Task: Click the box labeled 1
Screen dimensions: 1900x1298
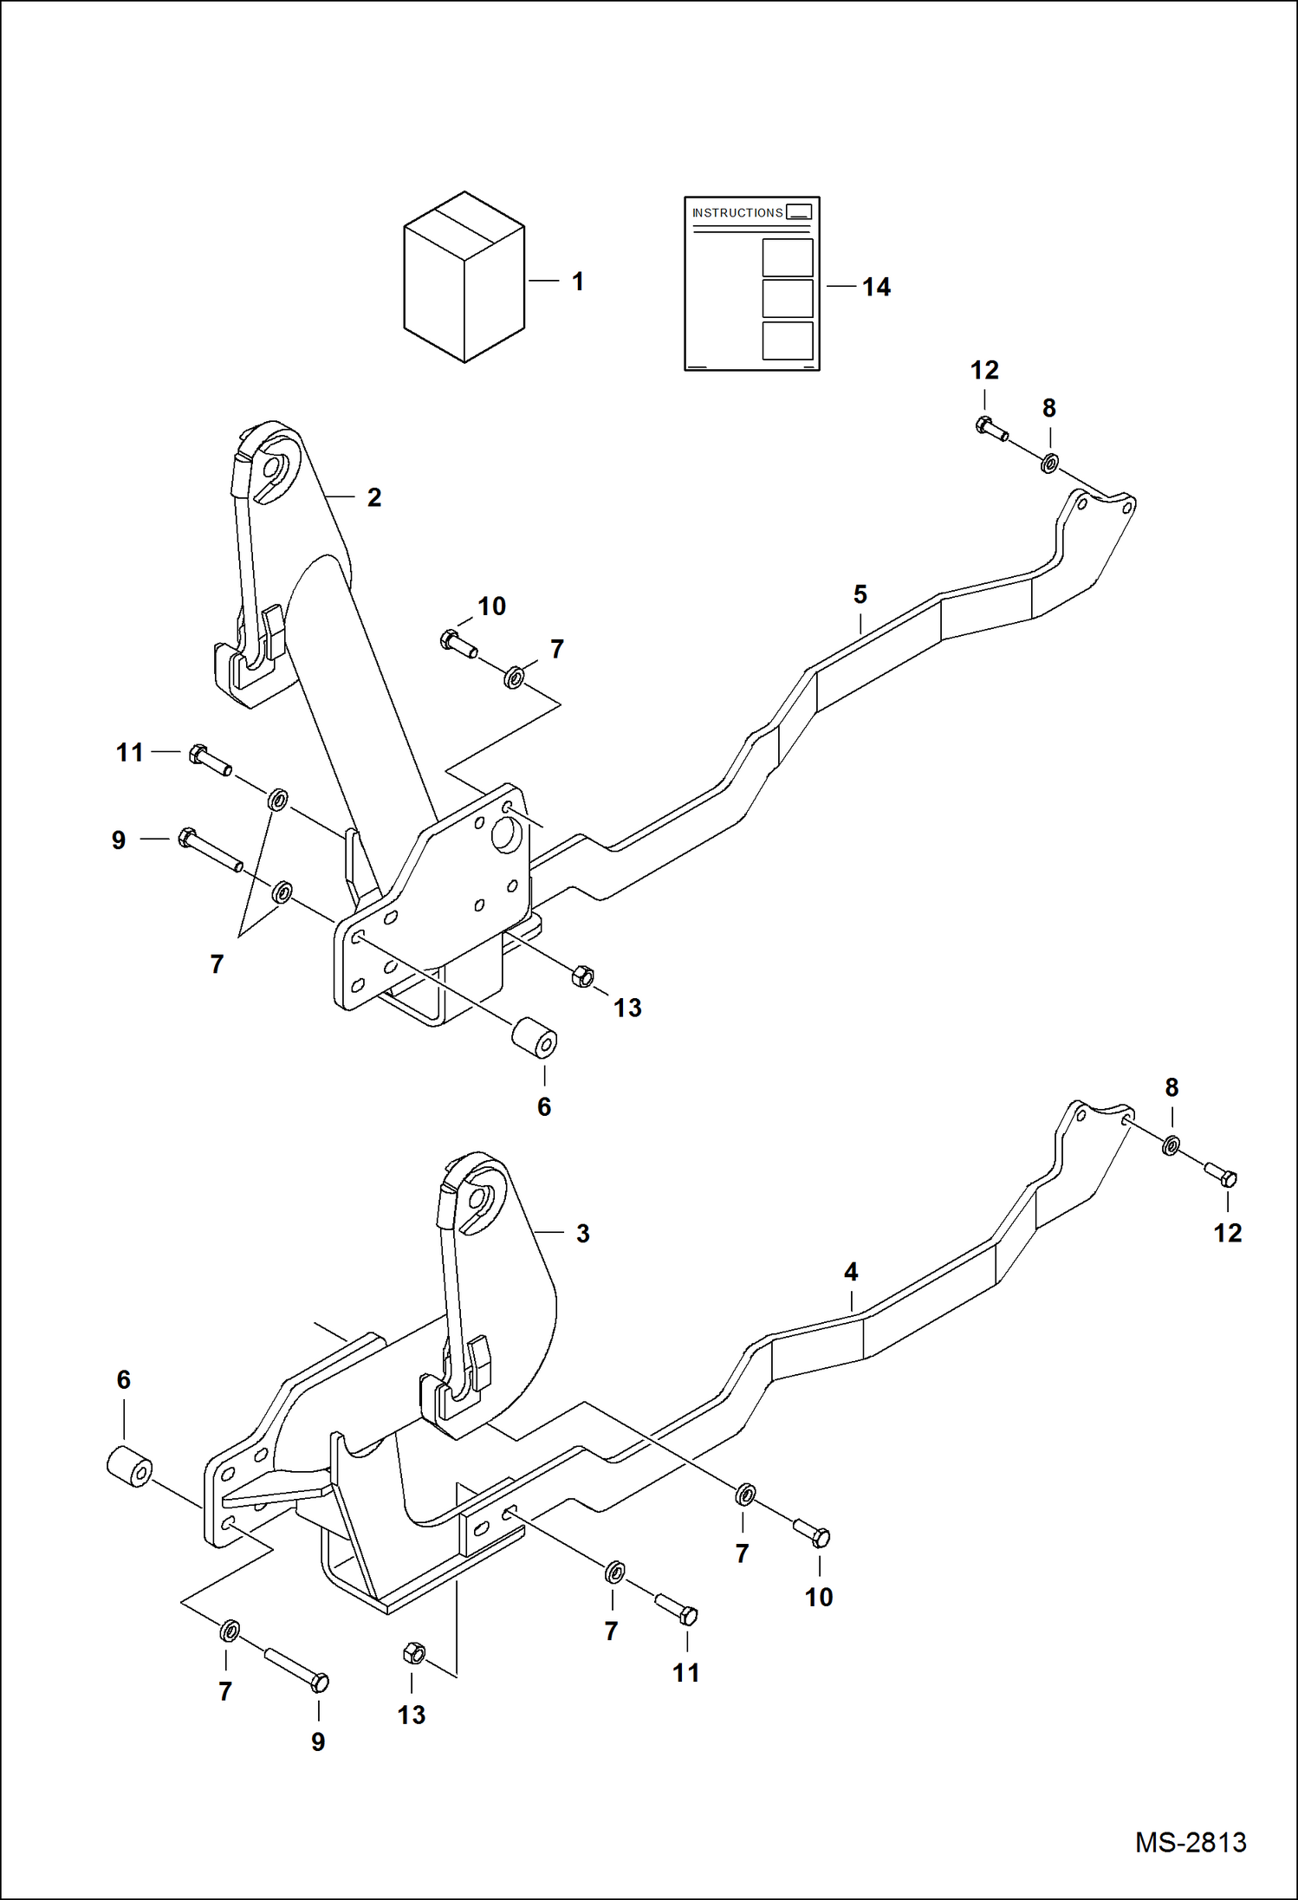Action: coord(464,277)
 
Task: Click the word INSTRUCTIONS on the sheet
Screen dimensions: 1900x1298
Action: coord(737,213)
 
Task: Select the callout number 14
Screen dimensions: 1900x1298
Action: coord(876,288)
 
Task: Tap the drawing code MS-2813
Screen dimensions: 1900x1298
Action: coord(1191,1842)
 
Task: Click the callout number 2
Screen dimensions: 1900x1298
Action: coord(374,498)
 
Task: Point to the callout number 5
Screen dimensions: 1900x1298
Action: coord(860,595)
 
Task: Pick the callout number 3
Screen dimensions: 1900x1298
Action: coord(583,1234)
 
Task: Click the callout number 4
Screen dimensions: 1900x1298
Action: coord(851,1272)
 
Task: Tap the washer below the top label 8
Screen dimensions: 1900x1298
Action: coord(1048,464)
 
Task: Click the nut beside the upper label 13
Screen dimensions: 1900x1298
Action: coord(583,976)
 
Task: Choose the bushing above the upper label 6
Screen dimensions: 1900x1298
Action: coord(534,1038)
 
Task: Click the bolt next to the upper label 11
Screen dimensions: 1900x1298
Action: coord(210,760)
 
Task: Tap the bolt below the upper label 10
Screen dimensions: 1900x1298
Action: coord(458,645)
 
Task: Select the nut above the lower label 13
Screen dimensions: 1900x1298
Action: coord(414,1654)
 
